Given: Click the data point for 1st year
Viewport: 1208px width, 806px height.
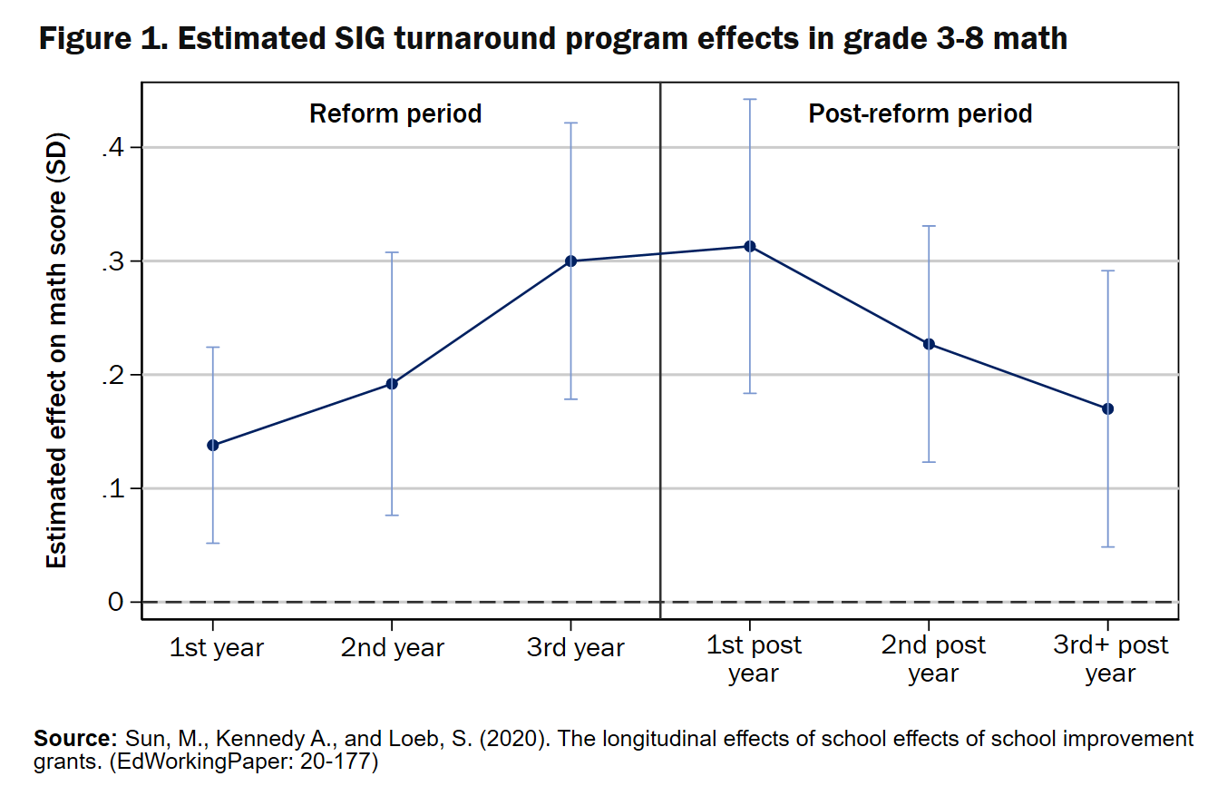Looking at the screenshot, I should pyautogui.click(x=213, y=445).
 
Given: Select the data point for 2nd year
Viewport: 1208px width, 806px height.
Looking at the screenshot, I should pyautogui.click(x=392, y=383).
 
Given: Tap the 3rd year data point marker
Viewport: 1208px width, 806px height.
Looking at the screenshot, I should pyautogui.click(x=571, y=261).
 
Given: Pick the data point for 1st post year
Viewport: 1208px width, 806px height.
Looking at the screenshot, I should pyautogui.click(x=750, y=246).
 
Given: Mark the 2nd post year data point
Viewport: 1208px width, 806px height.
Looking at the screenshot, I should pyautogui.click(x=929, y=344).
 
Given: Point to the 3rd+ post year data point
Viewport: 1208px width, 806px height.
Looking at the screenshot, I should pyautogui.click(x=1107, y=408).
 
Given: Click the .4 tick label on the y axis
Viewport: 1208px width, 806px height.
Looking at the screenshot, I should pyautogui.click(x=113, y=147).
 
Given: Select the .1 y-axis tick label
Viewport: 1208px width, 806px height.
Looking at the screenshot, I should pyautogui.click(x=113, y=488).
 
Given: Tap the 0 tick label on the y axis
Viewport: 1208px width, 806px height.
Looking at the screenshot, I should pyautogui.click(x=115, y=602).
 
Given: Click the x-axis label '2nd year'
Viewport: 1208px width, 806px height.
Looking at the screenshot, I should pyautogui.click(x=393, y=648).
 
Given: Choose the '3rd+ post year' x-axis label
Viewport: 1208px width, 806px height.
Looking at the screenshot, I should pyautogui.click(x=1110, y=660).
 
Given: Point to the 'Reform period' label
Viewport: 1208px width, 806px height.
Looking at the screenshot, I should pyautogui.click(x=395, y=114).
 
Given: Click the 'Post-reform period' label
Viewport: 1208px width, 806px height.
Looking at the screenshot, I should pyautogui.click(x=920, y=114).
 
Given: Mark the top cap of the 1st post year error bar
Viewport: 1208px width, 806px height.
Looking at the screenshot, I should pyautogui.click(x=750, y=99).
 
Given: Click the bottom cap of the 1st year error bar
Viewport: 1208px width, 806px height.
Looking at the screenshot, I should pyautogui.click(x=213, y=543).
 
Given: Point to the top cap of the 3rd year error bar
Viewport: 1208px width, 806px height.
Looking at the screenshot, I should pyautogui.click(x=571, y=123).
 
